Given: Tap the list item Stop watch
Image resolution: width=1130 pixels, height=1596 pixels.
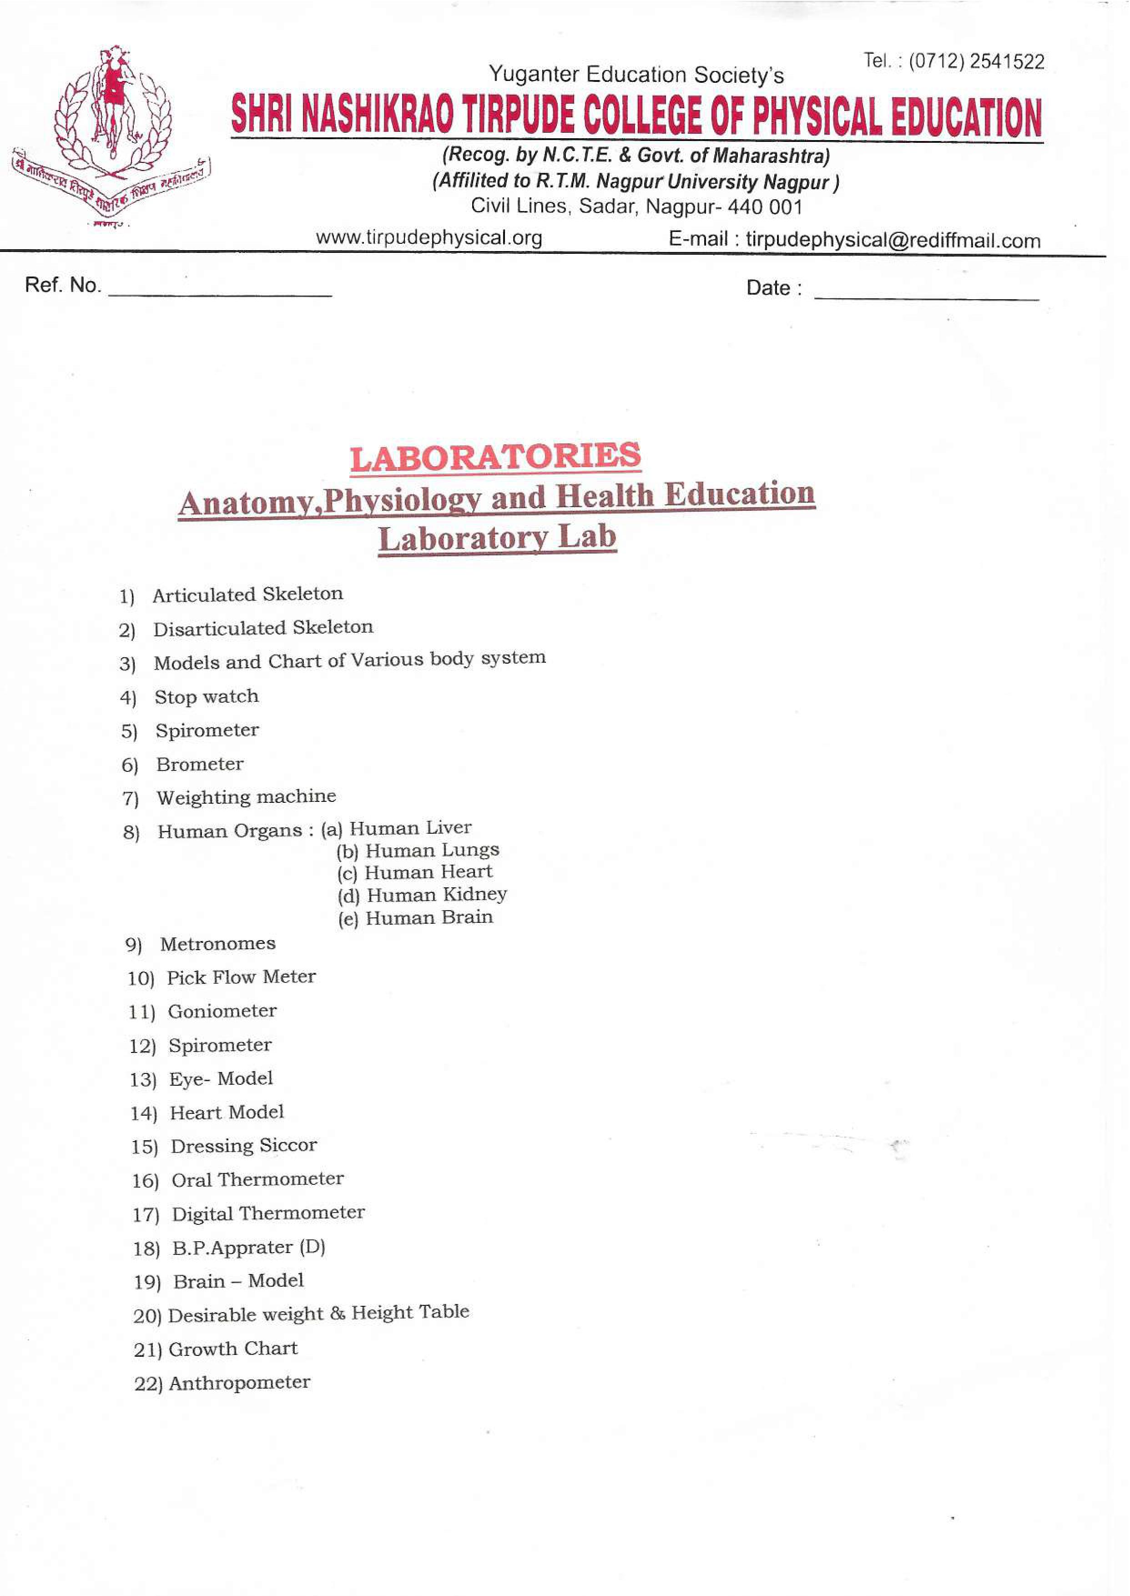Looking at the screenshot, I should point(206,696).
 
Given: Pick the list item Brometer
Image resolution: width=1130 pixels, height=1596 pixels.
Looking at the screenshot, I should point(200,764).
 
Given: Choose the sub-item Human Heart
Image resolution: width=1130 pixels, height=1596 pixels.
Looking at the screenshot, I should point(428,872).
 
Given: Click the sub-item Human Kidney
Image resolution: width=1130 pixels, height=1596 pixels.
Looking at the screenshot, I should point(436,895).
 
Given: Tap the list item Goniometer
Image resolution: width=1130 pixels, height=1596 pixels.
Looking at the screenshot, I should point(222,1011).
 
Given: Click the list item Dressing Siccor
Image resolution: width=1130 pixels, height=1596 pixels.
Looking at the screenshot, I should point(243,1145).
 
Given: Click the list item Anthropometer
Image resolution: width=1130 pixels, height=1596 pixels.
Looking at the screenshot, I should point(239,1382).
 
